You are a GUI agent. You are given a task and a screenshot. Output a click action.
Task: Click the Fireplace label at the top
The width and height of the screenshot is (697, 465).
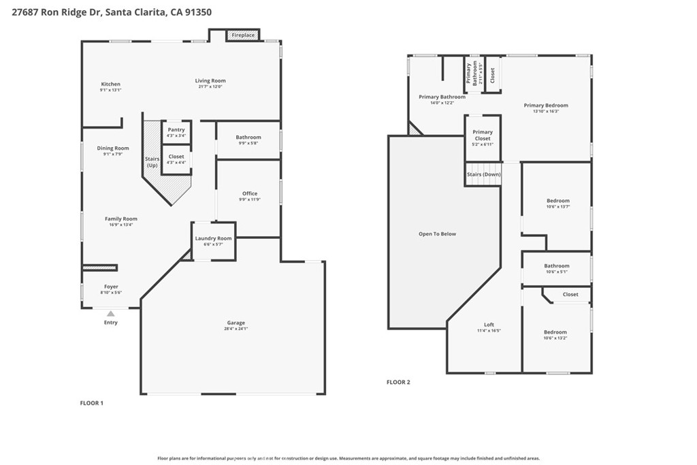tap(243, 35)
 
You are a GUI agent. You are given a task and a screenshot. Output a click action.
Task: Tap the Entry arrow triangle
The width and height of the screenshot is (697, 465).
tap(111, 313)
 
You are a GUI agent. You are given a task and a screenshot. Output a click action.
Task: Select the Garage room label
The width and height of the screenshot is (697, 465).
tap(236, 323)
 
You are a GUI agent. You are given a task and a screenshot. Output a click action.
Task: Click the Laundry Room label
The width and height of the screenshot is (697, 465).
tap(214, 238)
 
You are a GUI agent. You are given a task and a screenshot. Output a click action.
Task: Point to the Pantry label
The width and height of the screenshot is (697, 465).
tap(176, 129)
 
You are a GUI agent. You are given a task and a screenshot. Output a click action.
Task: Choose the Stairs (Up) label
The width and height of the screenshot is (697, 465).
tap(152, 162)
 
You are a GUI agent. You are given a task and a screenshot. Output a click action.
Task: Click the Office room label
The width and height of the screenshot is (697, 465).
tap(250, 193)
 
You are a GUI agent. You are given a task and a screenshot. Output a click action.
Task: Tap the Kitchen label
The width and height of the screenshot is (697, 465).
tap(110, 84)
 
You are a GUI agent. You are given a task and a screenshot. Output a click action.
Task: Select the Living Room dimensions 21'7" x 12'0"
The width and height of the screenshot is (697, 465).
tap(210, 86)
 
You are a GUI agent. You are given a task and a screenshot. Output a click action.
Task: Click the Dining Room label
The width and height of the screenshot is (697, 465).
tap(113, 148)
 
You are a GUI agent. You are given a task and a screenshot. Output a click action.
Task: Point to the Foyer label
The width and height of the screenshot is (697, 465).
tap(111, 287)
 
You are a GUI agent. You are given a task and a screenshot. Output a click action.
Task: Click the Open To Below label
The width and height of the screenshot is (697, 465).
tap(437, 234)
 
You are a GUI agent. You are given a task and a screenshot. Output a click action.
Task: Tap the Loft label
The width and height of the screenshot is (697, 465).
tap(489, 325)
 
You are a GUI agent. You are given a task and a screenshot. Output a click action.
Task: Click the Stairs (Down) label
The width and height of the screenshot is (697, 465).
tap(483, 174)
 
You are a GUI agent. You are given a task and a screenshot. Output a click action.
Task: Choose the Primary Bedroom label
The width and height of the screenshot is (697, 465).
tap(546, 106)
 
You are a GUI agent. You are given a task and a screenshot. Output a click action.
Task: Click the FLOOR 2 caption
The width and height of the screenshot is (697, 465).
tap(398, 382)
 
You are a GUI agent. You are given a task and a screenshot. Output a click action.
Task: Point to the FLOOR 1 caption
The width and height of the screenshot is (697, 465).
tap(92, 403)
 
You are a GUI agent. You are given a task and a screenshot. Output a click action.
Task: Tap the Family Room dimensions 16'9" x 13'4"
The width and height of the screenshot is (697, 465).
tap(121, 225)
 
